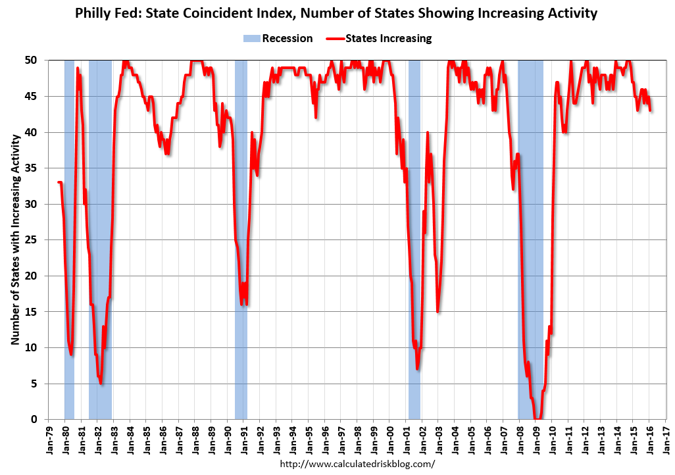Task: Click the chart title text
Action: (x=337, y=12)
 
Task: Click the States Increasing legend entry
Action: (x=379, y=38)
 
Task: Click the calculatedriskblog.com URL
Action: (x=358, y=464)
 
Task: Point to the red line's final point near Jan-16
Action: (x=651, y=111)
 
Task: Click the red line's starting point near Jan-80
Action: (x=58, y=182)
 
